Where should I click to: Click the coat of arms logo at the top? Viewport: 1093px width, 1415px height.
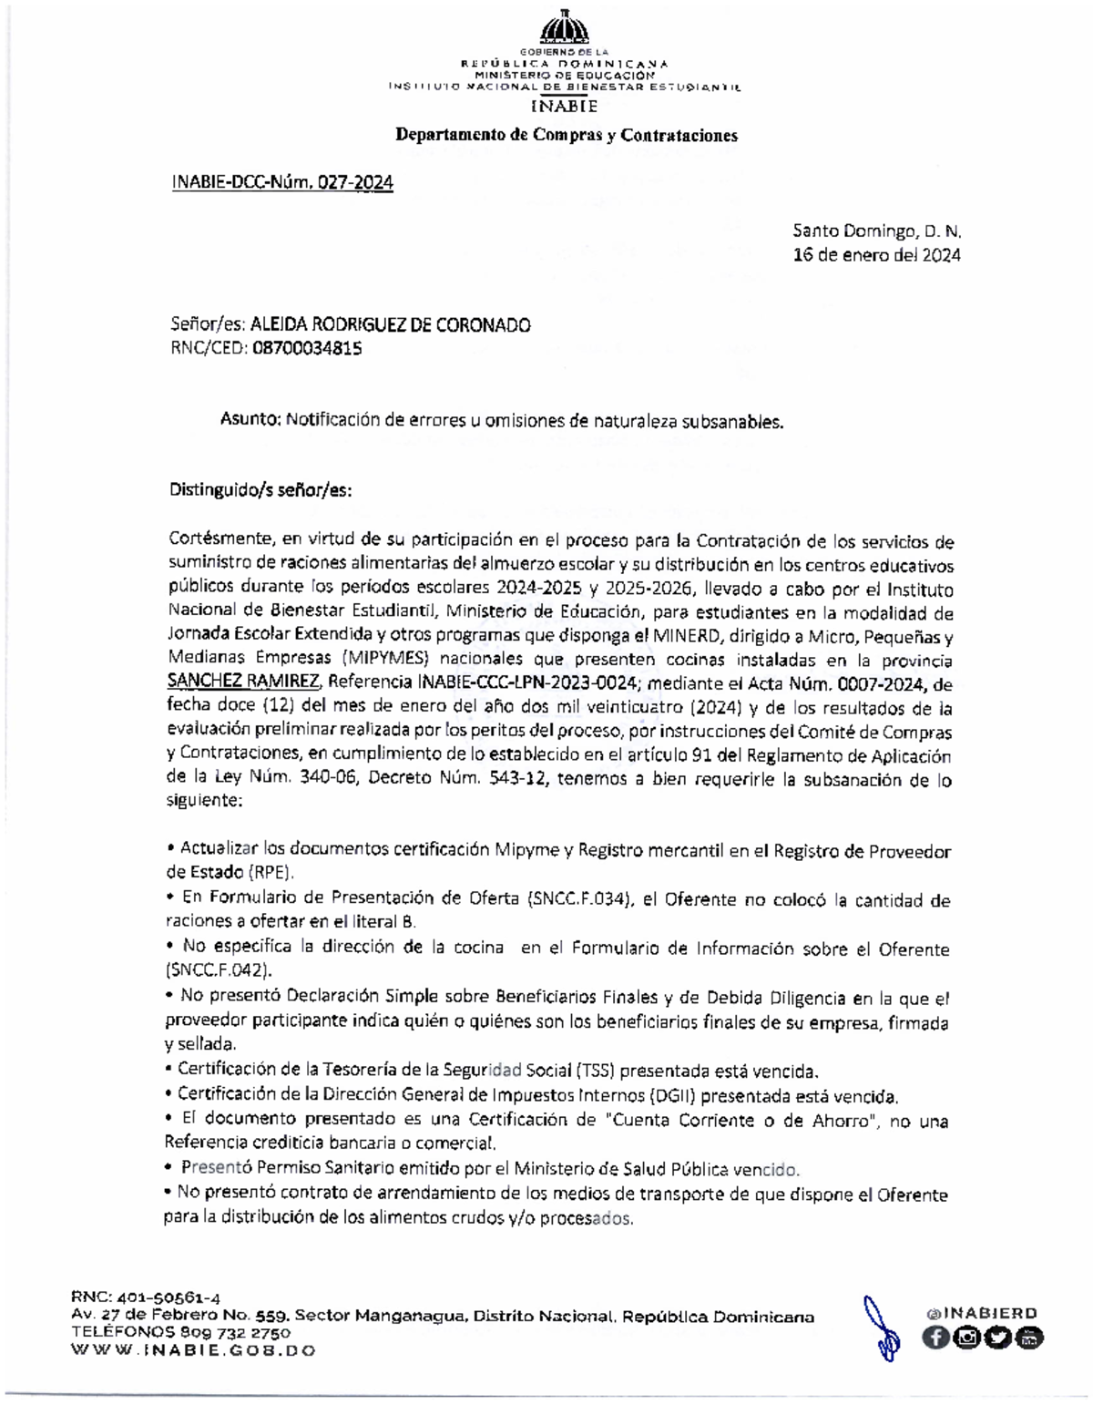(565, 27)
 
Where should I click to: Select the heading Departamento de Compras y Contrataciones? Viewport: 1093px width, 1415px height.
(565, 136)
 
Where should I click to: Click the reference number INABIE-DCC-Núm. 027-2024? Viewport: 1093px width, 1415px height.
(282, 183)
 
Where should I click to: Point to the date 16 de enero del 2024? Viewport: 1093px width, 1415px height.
(877, 256)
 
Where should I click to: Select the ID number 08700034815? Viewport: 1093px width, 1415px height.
(305, 348)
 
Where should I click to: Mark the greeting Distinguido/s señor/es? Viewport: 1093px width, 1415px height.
(260, 490)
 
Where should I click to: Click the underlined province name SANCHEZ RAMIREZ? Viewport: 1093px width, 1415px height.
(243, 682)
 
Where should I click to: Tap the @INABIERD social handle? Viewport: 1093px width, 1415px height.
(980, 1313)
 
